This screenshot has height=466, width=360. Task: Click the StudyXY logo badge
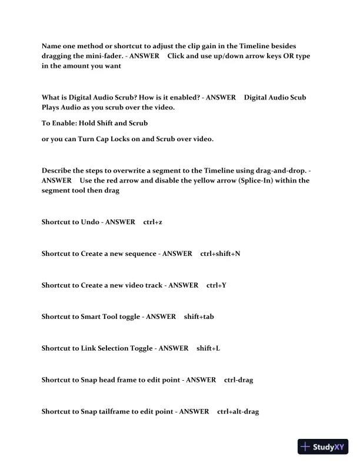324,447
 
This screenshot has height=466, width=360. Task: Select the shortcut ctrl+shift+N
220,253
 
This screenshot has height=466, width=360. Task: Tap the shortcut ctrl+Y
216,285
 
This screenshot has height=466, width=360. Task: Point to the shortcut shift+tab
198,317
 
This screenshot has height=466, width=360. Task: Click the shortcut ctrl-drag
238,380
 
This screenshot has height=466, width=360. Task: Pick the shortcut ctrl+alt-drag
238,412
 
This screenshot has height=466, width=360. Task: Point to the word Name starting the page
52,45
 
